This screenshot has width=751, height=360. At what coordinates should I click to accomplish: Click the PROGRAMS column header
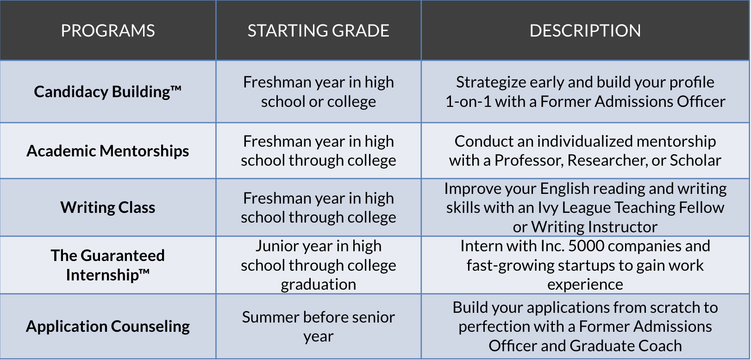click(107, 31)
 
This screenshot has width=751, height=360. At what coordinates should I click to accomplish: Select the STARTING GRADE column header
click(318, 31)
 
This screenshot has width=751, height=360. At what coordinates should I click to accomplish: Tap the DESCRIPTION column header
click(585, 31)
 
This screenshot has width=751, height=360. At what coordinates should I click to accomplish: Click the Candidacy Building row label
click(107, 92)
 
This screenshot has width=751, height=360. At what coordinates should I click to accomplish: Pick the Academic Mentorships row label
click(107, 151)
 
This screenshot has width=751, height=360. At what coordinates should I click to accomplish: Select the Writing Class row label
click(107, 207)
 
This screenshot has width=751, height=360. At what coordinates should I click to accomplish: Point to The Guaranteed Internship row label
click(107, 265)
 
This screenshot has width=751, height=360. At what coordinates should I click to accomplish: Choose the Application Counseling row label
click(107, 326)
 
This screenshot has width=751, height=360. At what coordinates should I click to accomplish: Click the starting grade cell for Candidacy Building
click(318, 92)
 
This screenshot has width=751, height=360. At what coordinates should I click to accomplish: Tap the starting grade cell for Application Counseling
click(318, 327)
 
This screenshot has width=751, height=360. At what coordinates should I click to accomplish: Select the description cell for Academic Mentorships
click(585, 151)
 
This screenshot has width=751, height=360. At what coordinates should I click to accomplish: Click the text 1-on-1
click(469, 101)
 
